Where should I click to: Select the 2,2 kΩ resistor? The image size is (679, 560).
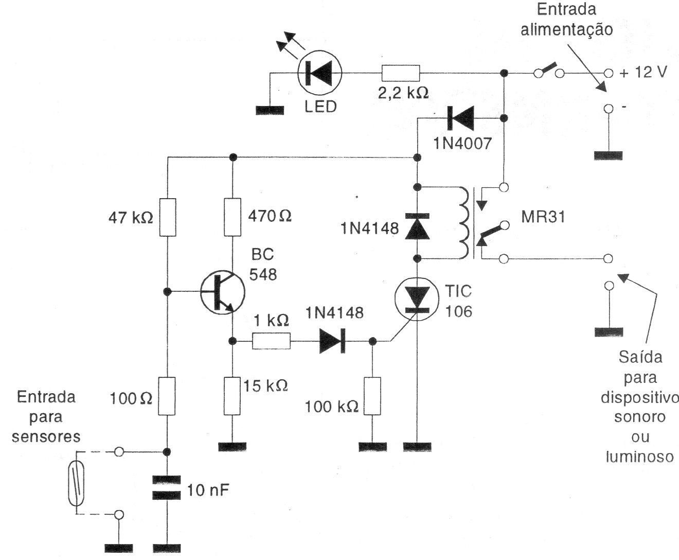pyautogui.click(x=401, y=73)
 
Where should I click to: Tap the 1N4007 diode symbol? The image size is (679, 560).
pyautogui.click(x=459, y=118)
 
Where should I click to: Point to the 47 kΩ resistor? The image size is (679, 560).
pyautogui.click(x=167, y=217)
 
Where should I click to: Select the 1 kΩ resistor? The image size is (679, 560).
pyautogui.click(x=271, y=341)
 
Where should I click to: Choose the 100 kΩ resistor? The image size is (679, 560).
pyautogui.click(x=372, y=395)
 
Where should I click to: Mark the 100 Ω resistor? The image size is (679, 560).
pyautogui.click(x=167, y=395)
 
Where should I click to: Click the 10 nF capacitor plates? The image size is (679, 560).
pyautogui.click(x=167, y=488)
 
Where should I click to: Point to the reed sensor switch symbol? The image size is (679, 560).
pyautogui.click(x=76, y=483)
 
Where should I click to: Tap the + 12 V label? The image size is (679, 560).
pyautogui.click(x=643, y=73)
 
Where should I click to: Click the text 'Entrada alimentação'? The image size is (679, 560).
pyautogui.click(x=566, y=20)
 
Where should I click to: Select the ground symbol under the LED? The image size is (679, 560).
pyautogui.click(x=270, y=110)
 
